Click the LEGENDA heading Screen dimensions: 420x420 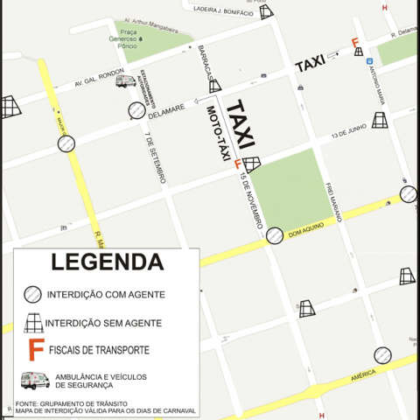click(107, 262)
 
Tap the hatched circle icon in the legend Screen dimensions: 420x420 click(32, 295)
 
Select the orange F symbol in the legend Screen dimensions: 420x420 click(36, 350)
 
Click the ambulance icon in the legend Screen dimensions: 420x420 click(34, 380)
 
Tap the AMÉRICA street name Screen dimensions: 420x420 click(362, 374)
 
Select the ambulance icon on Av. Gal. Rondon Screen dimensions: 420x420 click(125, 80)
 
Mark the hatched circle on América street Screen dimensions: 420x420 click(382, 355)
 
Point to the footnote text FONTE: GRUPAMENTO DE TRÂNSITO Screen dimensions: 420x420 click(64, 403)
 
